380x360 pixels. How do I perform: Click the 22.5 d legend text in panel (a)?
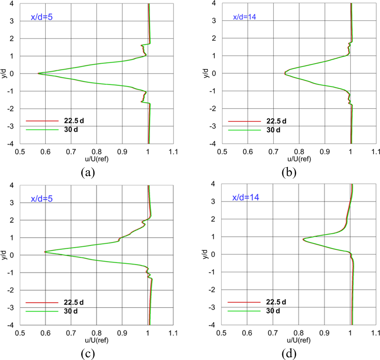[75, 121]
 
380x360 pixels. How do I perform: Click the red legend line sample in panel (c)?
[41, 302]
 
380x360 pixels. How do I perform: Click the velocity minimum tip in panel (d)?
[303, 239]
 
